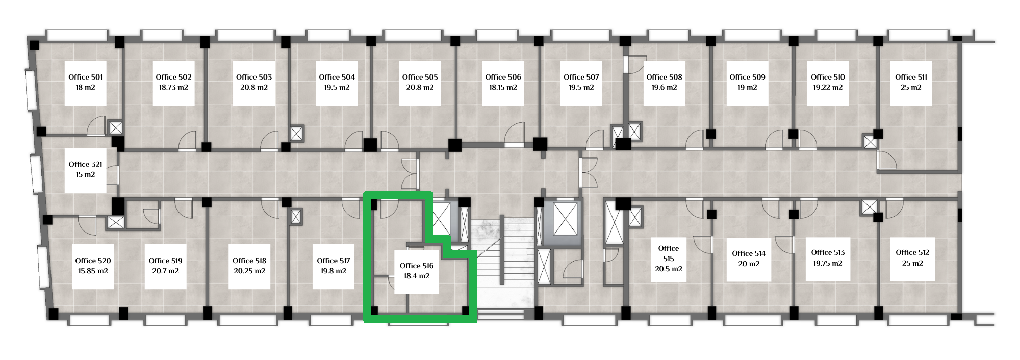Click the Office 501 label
click(x=86, y=77)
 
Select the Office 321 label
click(x=86, y=164)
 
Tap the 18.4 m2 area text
click(x=417, y=276)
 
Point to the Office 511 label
click(x=911, y=77)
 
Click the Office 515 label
click(x=669, y=253)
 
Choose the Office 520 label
click(x=93, y=261)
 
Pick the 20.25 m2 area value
click(x=249, y=271)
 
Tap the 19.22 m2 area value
click(x=828, y=87)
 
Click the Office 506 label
click(x=503, y=77)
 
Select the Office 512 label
click(x=912, y=252)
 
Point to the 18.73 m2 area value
click(x=173, y=87)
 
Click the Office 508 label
click(x=664, y=77)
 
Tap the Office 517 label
click(x=334, y=261)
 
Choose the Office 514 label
click(x=749, y=253)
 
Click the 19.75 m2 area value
click(x=828, y=263)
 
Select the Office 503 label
click(x=254, y=77)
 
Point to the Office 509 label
click(x=747, y=77)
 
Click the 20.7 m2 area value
click(x=165, y=271)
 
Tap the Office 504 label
click(x=337, y=77)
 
